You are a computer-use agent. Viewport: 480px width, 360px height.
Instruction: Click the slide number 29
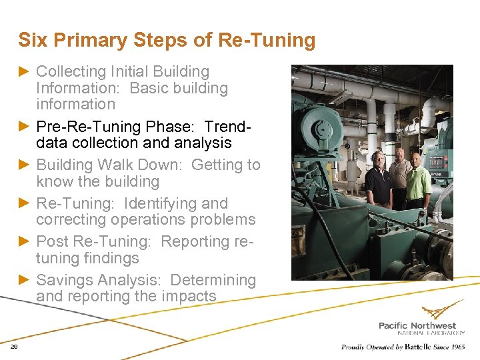15,347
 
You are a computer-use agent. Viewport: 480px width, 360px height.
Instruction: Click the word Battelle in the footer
415,347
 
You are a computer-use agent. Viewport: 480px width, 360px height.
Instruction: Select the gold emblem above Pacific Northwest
440,311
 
